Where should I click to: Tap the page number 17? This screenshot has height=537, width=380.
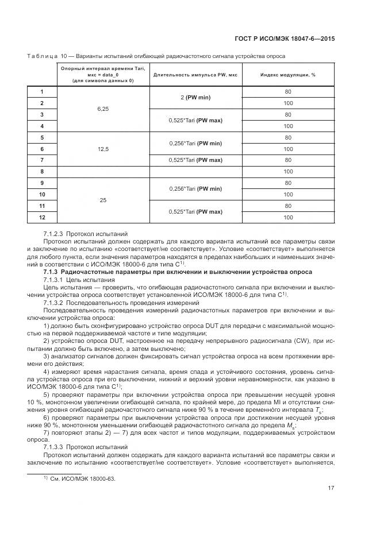pos(331,488)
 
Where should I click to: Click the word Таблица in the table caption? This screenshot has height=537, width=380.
pos(42,56)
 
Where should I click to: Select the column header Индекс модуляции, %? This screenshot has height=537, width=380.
pos(288,75)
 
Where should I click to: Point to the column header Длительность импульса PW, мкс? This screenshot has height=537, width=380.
pos(195,75)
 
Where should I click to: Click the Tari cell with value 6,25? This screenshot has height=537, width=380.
pos(103,109)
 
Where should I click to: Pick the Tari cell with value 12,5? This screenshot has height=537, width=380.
pos(103,148)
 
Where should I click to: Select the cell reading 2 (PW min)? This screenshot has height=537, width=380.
pos(195,97)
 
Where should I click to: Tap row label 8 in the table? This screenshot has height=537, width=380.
pos(42,171)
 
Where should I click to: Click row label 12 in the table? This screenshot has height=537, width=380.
pos(42,217)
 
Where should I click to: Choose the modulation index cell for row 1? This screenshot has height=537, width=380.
pos(288,91)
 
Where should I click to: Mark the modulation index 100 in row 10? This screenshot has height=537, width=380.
pos(288,194)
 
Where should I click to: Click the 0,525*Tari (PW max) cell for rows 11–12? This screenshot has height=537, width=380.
pos(195,211)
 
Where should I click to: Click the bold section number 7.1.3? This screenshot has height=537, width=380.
pos(52,272)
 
